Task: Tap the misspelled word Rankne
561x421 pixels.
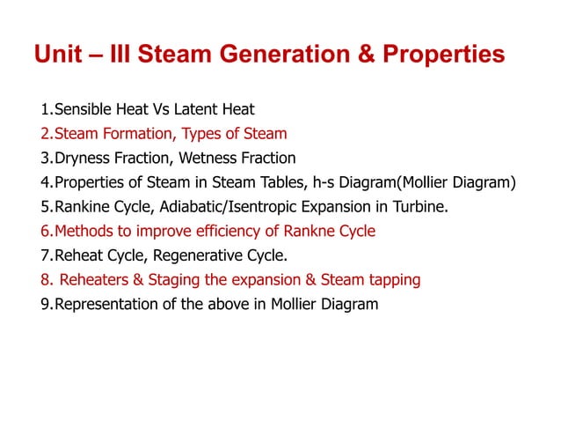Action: click(x=312, y=232)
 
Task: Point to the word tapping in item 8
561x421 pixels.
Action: click(x=392, y=280)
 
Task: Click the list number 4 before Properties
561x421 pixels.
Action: click(x=44, y=183)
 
